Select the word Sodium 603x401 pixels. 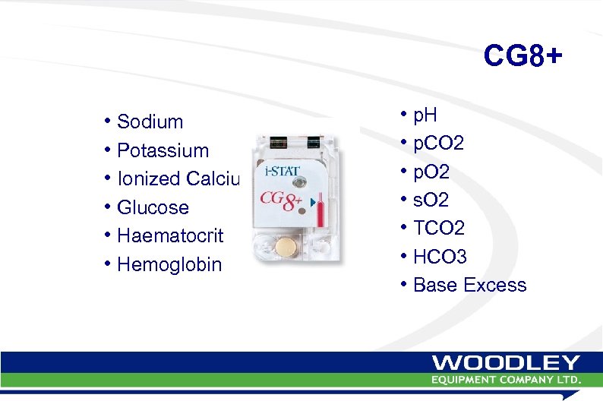(150, 122)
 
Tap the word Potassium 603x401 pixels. (163, 150)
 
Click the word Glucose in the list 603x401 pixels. (153, 207)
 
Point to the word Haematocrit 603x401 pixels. (170, 236)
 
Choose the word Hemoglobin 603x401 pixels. (169, 265)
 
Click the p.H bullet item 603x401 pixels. (425, 115)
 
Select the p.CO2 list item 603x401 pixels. (439, 144)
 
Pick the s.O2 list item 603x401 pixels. (431, 200)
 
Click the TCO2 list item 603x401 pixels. (439, 229)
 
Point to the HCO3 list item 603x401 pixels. (440, 257)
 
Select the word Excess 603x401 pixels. (494, 286)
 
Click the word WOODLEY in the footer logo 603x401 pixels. (507, 364)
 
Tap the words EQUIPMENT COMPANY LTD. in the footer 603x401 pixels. (507, 379)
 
